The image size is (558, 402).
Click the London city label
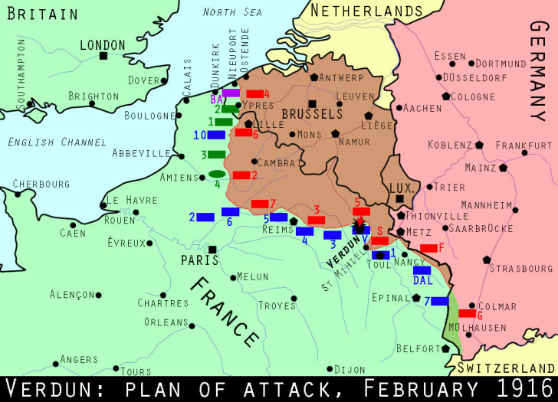pyautogui.click(x=103, y=46)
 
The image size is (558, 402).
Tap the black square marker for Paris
pyautogui.click(x=212, y=249)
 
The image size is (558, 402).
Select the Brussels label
pyautogui.click(x=312, y=114)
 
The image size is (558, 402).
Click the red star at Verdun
pyautogui.click(x=359, y=226)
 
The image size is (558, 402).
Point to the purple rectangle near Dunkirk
pyautogui.click(x=231, y=93)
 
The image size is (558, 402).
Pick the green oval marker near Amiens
pyautogui.click(x=216, y=174)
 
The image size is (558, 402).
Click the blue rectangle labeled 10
pyautogui.click(x=215, y=135)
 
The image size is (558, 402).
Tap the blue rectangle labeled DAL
pyautogui.click(x=422, y=270)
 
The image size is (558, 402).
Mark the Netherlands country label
pyautogui.click(x=366, y=11)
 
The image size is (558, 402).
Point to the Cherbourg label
pyautogui.click(x=41, y=185)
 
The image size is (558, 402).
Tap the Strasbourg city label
pyautogui.click(x=521, y=269)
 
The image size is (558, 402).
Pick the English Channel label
pyautogui.click(x=57, y=142)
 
